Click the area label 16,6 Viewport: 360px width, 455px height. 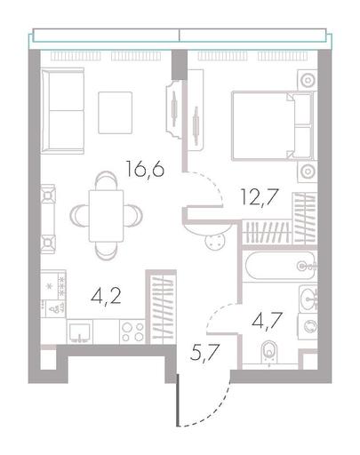[145, 169]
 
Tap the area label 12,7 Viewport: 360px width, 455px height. [260, 197]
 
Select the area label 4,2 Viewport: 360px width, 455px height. [107, 297]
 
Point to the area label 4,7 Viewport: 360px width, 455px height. [267, 321]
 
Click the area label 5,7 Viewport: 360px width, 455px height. [204, 353]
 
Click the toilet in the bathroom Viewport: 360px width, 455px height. [269, 353]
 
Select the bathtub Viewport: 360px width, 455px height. [279, 266]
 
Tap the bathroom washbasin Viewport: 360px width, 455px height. [308, 299]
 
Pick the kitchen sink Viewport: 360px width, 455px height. [80, 331]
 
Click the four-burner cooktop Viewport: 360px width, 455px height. [132, 331]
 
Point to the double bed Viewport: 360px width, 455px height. [274, 125]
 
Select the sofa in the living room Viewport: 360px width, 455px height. [62, 111]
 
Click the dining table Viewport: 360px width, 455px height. [106, 216]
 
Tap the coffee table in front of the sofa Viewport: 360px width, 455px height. [116, 113]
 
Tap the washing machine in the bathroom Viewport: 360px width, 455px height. [308, 326]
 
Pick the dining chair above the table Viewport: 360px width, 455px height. [106, 180]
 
